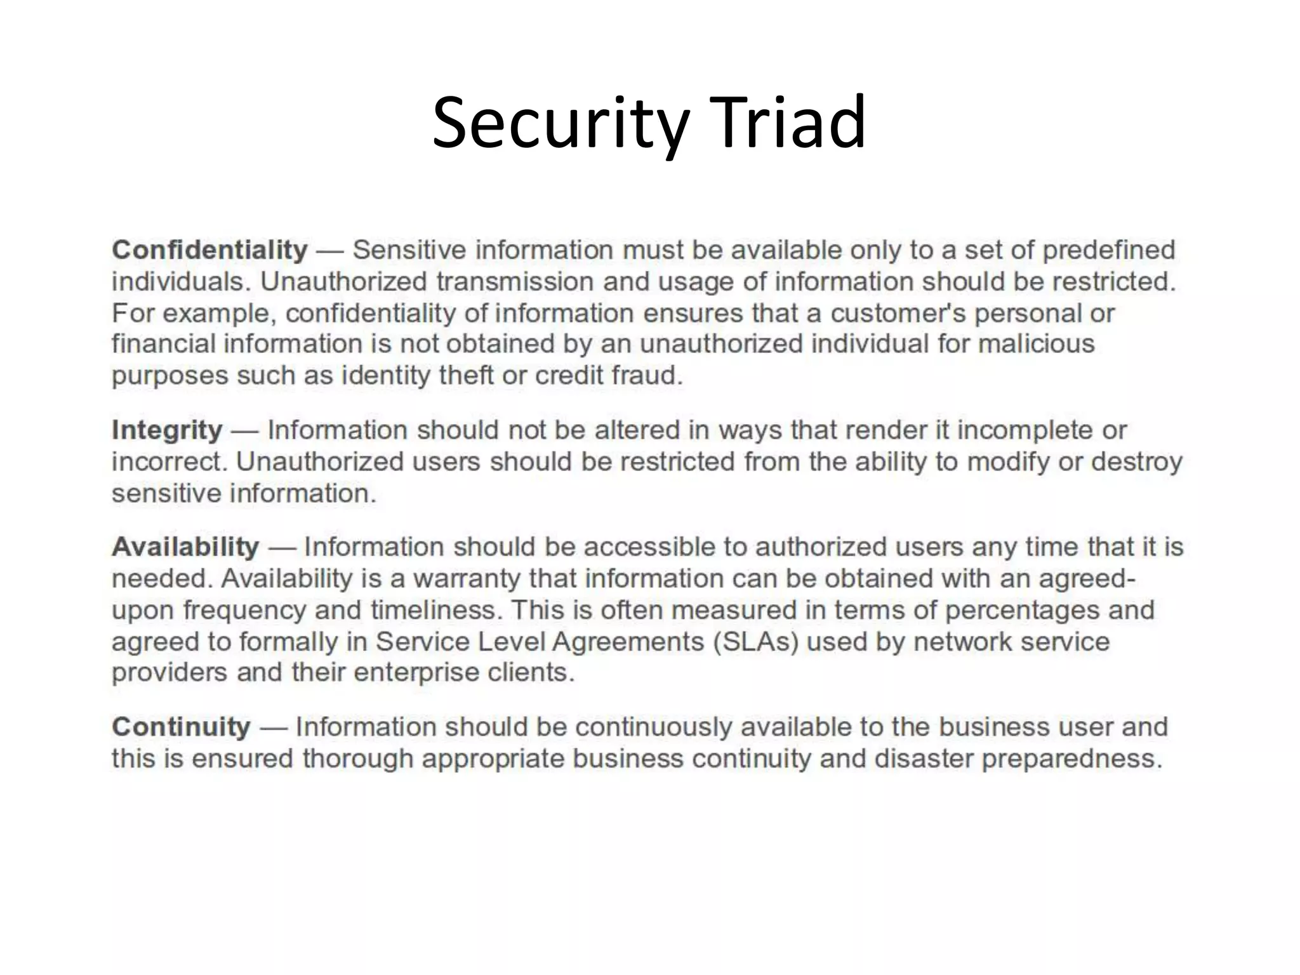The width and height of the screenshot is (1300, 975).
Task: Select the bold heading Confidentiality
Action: click(209, 250)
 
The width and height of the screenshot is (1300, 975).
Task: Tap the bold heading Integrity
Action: click(167, 430)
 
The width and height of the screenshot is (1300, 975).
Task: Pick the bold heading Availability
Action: click(185, 547)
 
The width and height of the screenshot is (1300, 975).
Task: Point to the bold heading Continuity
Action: click(181, 727)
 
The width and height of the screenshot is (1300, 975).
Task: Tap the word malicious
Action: click(1036, 344)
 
